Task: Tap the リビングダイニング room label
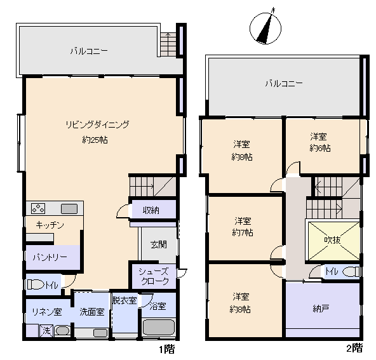(x=97, y=124)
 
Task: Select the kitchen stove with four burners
(x=38, y=208)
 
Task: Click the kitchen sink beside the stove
(x=69, y=209)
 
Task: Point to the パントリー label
(x=50, y=257)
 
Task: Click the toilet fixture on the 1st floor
(x=36, y=284)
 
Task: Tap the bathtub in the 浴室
(x=159, y=327)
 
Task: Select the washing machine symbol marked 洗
(x=46, y=331)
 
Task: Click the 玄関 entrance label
(x=159, y=244)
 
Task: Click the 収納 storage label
(x=151, y=210)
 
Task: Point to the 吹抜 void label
(x=332, y=240)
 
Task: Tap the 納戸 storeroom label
(x=321, y=309)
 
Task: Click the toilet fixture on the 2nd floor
(x=351, y=272)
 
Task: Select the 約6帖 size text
(x=320, y=149)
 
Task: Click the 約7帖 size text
(x=243, y=232)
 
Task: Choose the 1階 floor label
(x=167, y=349)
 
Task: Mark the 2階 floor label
(x=354, y=348)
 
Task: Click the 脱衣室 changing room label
(x=124, y=300)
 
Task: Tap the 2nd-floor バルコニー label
(x=284, y=84)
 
